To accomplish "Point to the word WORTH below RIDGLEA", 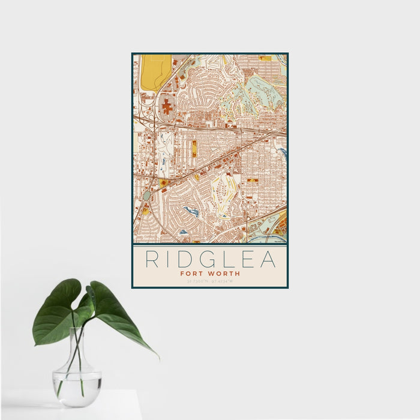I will [223, 273].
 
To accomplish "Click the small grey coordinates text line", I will [209, 281].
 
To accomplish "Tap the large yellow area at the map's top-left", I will [155, 71].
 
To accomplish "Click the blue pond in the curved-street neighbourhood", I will [191, 211].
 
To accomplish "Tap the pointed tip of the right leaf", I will [158, 358].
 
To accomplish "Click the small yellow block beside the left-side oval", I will [145, 211].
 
